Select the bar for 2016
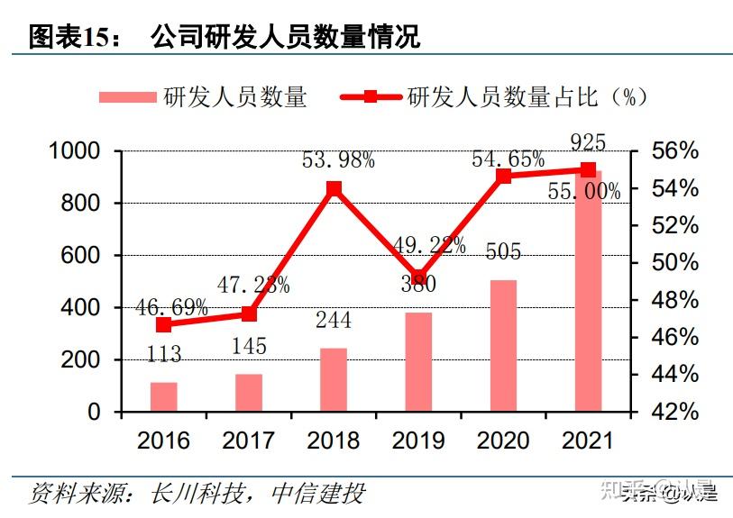(x=163, y=396)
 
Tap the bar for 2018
(x=334, y=379)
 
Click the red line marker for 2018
(x=334, y=189)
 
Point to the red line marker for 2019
(x=418, y=278)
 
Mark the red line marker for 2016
(x=163, y=325)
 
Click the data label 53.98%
(x=338, y=160)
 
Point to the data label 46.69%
(x=171, y=306)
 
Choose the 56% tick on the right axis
(x=674, y=151)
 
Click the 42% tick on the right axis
(x=674, y=412)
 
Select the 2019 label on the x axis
(x=418, y=440)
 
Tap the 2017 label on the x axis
(x=249, y=440)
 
